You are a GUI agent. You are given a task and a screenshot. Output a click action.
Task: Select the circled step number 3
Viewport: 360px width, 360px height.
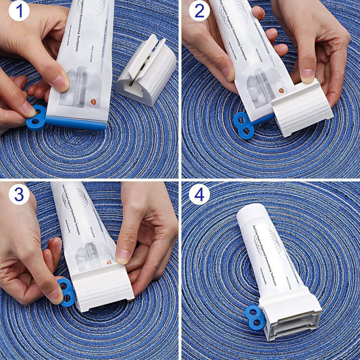(18, 195)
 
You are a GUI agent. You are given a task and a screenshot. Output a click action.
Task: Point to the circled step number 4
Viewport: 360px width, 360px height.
(199, 195)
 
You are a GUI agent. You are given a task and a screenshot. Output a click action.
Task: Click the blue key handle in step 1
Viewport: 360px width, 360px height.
(36, 117)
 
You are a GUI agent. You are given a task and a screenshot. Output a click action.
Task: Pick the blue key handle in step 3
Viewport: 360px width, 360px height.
(66, 291)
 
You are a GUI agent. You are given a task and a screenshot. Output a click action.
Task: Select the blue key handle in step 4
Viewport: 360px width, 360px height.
(255, 317)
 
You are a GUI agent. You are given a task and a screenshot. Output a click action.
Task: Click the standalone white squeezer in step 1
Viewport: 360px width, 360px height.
(145, 71)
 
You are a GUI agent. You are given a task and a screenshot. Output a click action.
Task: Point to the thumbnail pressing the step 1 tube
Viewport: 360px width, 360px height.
(59, 82)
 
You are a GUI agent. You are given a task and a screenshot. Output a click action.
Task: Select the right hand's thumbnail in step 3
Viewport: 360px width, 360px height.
(123, 255)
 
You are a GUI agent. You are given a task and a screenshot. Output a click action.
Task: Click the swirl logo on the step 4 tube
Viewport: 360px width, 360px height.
(275, 239)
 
